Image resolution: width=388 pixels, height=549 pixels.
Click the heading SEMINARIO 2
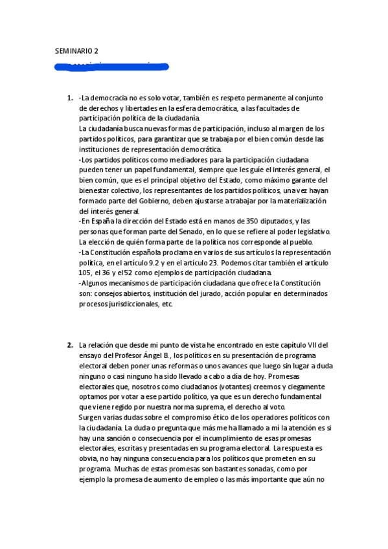click(x=77, y=50)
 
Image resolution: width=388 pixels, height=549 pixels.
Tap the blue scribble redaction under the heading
click(x=111, y=65)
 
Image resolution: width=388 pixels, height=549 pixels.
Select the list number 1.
click(x=69, y=98)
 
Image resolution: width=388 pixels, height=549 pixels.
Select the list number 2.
click(x=69, y=345)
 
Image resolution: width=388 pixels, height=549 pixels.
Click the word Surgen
click(x=91, y=418)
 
